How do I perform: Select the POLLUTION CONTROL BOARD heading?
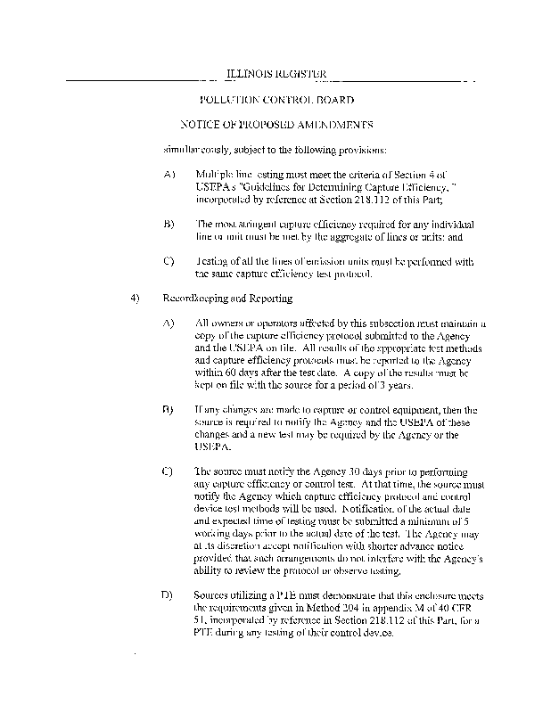pyautogui.click(x=277, y=100)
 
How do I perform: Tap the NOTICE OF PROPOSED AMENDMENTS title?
pyautogui.click(x=276, y=125)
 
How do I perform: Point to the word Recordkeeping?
pyautogui.click(x=191, y=298)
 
